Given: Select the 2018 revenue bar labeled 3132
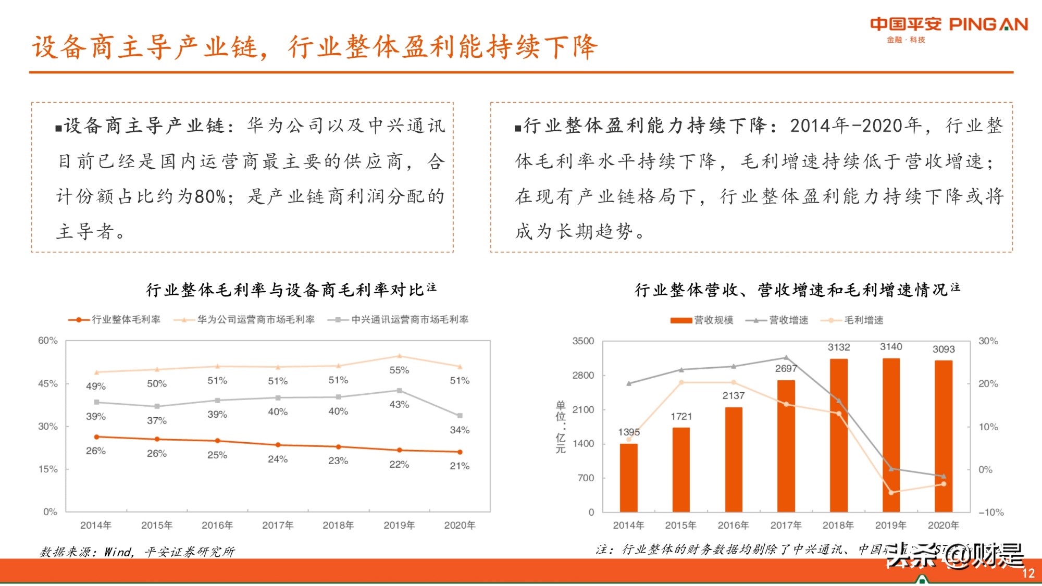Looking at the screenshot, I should pos(838,435).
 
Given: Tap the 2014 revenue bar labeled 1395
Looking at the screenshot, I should pos(628,477).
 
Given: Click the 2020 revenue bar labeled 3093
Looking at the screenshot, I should pos(943,435).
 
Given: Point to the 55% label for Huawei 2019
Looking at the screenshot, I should pos(399,370).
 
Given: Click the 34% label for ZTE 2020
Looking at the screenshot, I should pos(460,430).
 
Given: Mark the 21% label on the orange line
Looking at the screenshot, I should pos(460,466).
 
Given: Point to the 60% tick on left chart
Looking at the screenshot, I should pos(48,341).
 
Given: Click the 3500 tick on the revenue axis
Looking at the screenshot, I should pos(583,341).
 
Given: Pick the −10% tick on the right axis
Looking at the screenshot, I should pos(991,513).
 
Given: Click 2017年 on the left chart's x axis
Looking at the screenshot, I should pos(278,526).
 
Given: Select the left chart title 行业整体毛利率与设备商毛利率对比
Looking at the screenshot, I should pos(285,290).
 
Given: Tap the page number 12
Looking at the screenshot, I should pos(1028,573).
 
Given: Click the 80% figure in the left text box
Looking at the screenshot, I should pos(210,197).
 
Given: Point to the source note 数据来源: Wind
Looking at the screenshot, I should pos(137,552).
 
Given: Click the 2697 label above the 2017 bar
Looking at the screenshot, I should pos(786,369).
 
